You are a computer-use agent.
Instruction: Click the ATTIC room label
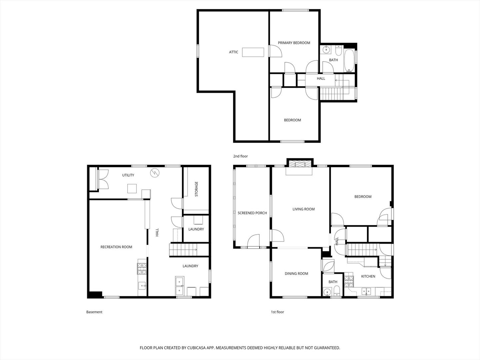[233, 52]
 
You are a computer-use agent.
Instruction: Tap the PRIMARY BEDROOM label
[294, 43]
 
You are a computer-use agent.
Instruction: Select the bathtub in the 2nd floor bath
[349, 61]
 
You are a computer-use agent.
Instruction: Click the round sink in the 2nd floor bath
[326, 50]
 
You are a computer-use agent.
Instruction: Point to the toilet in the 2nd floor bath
[339, 50]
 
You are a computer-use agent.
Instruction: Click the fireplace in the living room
[300, 164]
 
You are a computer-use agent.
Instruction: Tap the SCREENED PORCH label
[252, 213]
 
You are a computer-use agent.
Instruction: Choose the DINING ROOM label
[296, 273]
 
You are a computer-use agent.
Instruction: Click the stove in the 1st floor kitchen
[349, 282]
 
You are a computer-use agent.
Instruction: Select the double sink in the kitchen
[366, 291]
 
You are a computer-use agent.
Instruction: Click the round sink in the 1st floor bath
[327, 292]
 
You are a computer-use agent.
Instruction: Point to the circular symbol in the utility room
[155, 173]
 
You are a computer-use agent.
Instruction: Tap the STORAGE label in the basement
[196, 189]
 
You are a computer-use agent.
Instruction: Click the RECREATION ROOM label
[116, 247]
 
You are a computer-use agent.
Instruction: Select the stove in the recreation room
[142, 269]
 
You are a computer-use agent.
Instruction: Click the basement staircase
[189, 250]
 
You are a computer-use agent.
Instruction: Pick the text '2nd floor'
[240, 156]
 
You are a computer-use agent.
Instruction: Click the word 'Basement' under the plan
[94, 312]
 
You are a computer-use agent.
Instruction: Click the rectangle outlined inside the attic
[253, 52]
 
